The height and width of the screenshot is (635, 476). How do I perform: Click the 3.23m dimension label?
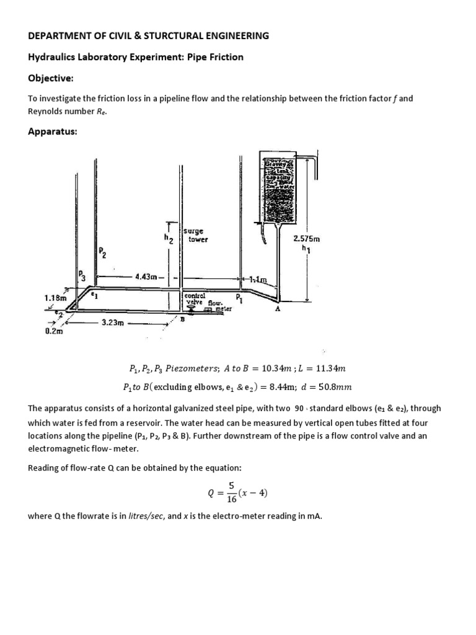pyautogui.click(x=113, y=322)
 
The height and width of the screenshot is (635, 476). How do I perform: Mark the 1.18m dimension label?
pyautogui.click(x=55, y=298)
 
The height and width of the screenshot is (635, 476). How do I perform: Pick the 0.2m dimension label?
pyautogui.click(x=55, y=331)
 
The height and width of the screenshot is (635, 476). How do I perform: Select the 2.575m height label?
pyautogui.click(x=307, y=239)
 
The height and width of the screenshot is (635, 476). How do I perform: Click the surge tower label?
pyautogui.click(x=198, y=234)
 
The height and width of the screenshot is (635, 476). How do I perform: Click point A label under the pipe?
pyautogui.click(x=277, y=311)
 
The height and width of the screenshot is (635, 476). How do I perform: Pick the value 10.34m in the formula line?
pyautogui.click(x=281, y=368)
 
